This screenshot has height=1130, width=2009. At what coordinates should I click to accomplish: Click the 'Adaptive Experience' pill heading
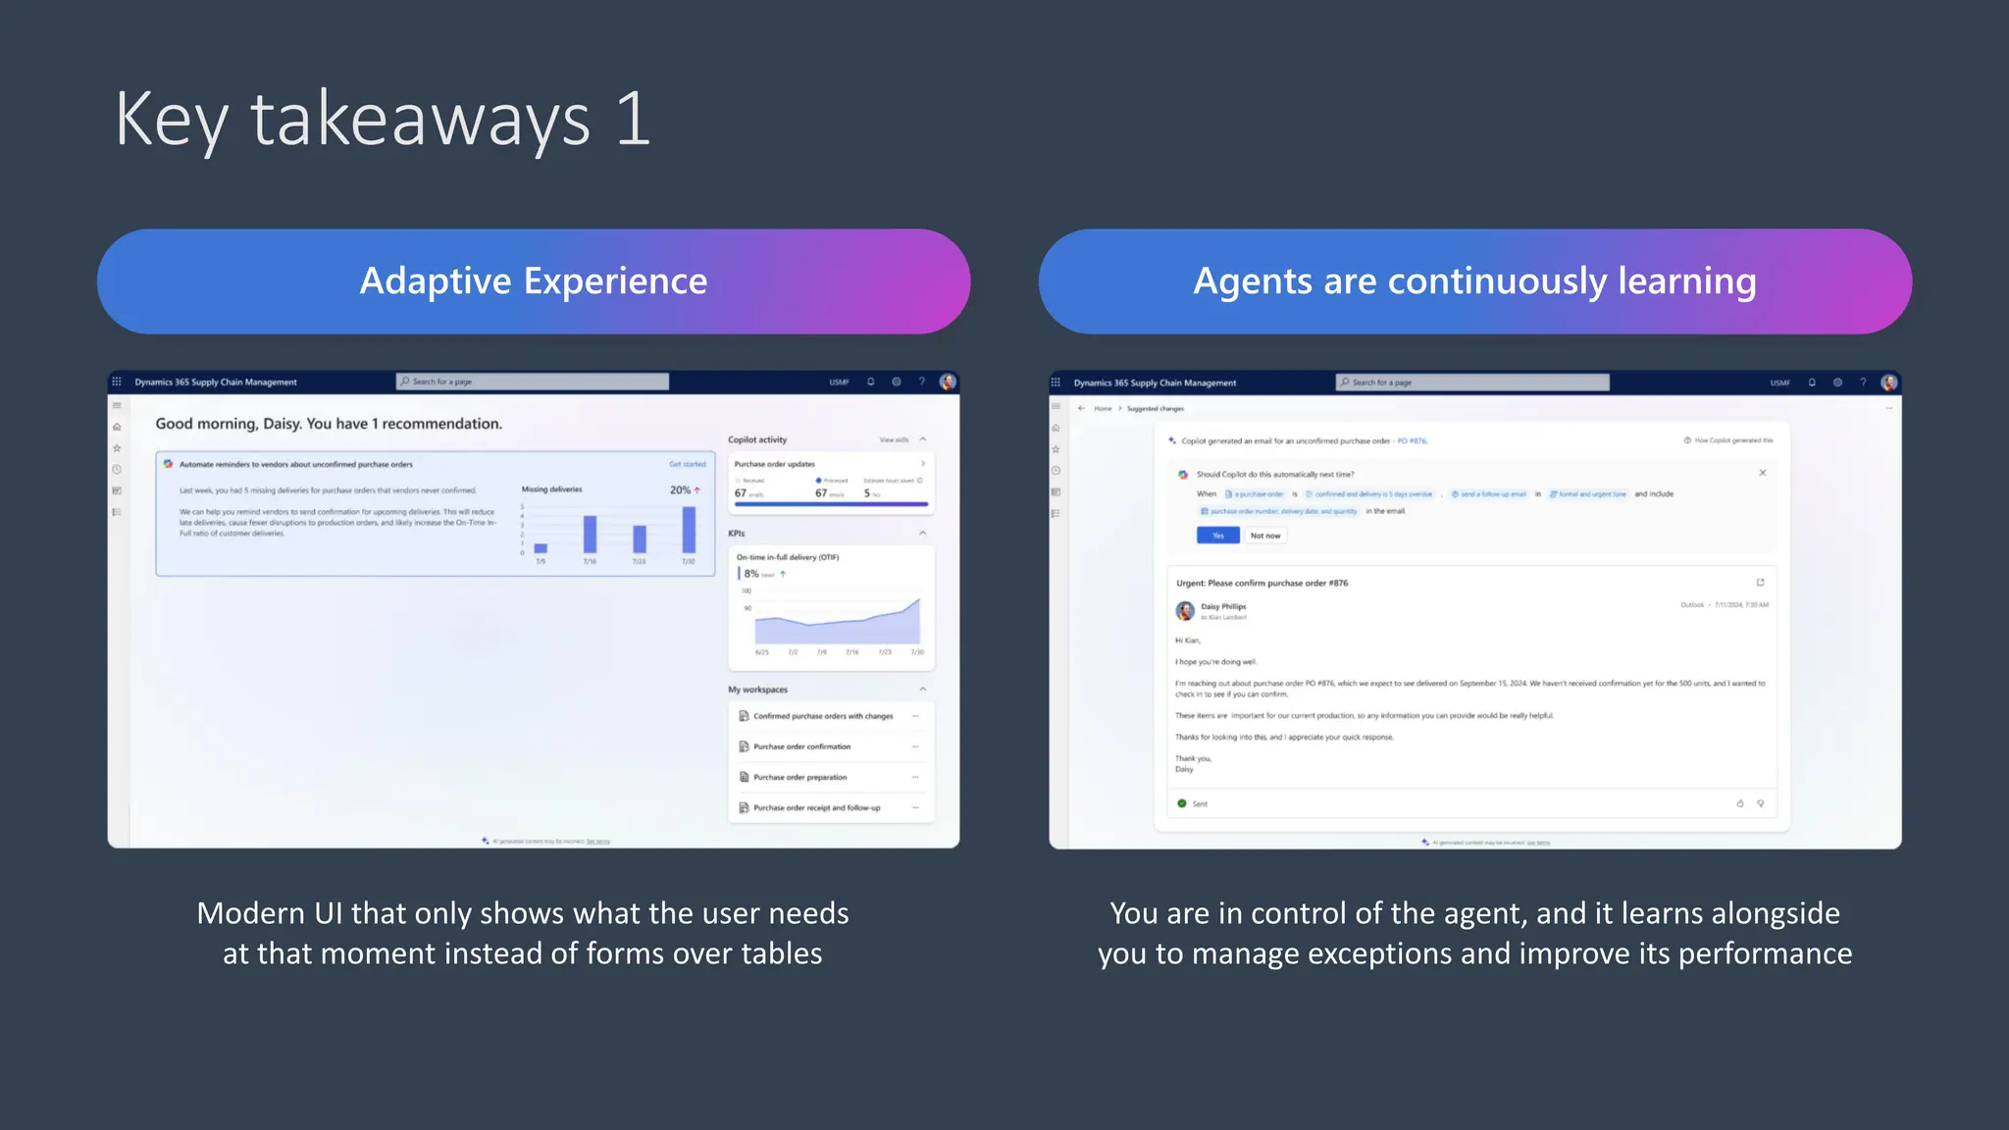(534, 282)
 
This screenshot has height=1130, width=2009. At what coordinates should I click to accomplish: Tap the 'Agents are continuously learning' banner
(1474, 282)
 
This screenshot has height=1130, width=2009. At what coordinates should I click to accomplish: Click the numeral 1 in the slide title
(633, 120)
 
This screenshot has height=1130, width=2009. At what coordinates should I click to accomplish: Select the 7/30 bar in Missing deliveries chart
(689, 530)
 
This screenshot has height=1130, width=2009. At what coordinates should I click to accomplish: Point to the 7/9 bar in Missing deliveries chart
(541, 548)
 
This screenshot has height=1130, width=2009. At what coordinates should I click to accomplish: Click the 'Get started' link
(688, 464)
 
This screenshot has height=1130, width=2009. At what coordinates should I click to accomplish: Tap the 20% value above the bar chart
(680, 489)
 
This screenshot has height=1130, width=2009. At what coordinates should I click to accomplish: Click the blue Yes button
(1217, 536)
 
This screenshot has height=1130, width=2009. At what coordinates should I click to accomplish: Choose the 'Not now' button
(1265, 536)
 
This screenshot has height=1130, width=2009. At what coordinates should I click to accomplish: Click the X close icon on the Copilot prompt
(1763, 473)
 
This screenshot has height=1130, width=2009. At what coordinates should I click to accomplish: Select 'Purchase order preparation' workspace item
(799, 777)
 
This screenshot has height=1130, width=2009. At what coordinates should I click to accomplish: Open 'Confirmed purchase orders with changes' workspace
(823, 716)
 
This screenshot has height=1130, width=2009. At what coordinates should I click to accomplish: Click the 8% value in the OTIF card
(750, 574)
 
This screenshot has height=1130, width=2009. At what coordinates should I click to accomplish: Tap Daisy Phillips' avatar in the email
(1185, 611)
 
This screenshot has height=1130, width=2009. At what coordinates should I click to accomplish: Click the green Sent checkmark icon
(1182, 803)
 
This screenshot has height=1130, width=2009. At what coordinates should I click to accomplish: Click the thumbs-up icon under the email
(1740, 803)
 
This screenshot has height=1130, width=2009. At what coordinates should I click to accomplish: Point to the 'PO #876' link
(1412, 441)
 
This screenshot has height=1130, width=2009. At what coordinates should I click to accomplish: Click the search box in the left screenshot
(533, 382)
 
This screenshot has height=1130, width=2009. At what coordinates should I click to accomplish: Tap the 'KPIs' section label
(737, 534)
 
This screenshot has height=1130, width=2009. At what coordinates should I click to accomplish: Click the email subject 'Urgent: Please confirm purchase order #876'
(1262, 583)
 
